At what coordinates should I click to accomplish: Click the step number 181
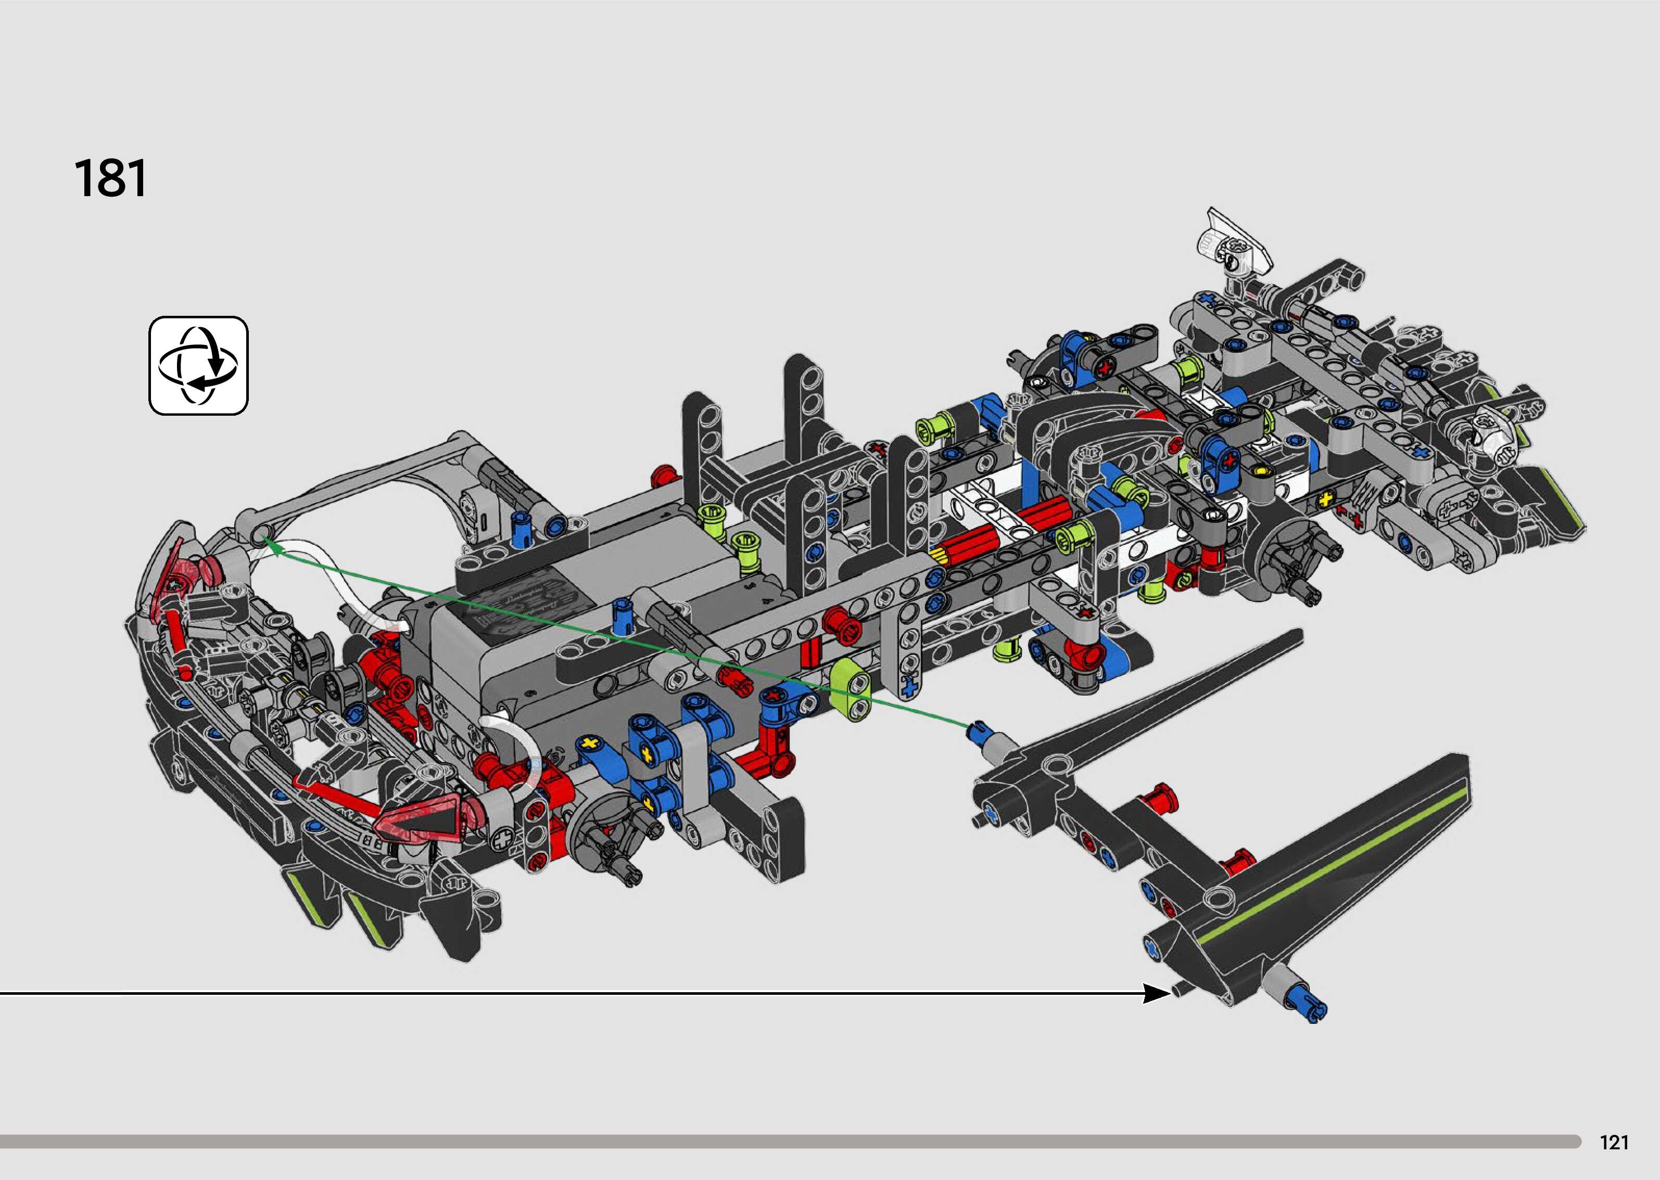110,179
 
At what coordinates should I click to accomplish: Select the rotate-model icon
198,365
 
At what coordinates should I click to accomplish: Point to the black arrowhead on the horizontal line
1156,993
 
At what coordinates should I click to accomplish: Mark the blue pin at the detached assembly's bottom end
1310,1003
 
